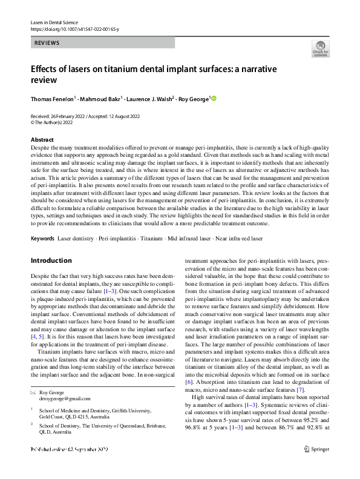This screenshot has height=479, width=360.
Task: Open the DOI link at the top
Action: pyautogui.click(x=74, y=28)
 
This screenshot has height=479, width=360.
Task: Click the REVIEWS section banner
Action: pyautogui.click(x=102, y=43)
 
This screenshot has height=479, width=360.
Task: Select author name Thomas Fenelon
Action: pyautogui.click(x=51, y=98)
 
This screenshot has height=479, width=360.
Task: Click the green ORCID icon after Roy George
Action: pyautogui.click(x=213, y=98)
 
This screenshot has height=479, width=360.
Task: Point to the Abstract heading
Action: pyautogui.click(x=42, y=140)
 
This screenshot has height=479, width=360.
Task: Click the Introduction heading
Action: pyautogui.click(x=51, y=260)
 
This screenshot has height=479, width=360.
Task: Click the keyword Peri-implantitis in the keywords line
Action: pyautogui.click(x=117, y=239)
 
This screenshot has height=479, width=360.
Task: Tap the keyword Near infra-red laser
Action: pyautogui.click(x=238, y=239)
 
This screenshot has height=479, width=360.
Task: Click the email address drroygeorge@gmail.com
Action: pyautogui.click(x=67, y=382)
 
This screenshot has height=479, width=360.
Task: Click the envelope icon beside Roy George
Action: pyautogui.click(x=33, y=375)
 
